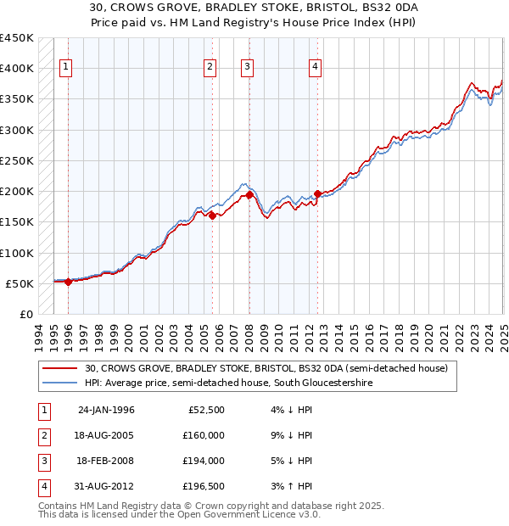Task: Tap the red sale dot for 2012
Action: click(317, 193)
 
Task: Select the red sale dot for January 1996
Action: click(68, 282)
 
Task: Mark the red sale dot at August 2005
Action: click(212, 215)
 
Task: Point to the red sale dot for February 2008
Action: click(249, 195)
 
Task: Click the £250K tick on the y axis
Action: click(16, 160)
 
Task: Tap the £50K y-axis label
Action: click(20, 283)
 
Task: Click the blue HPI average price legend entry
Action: click(228, 383)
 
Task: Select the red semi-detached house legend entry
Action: click(271, 368)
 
